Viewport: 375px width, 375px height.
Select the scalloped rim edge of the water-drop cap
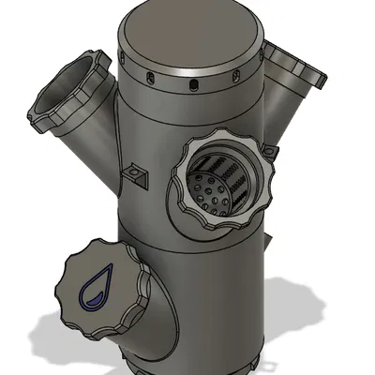pos(141,272)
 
